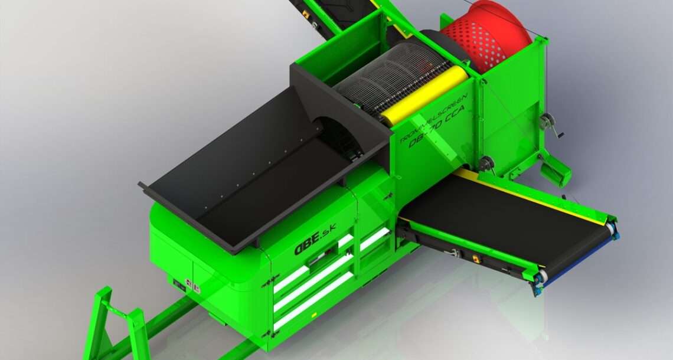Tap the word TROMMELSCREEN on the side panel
click(433, 119)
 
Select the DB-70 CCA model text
click(437, 126)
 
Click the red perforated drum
click(487, 37)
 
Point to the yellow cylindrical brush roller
click(424, 94)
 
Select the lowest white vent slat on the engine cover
click(313, 300)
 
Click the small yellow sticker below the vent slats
click(313, 315)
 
